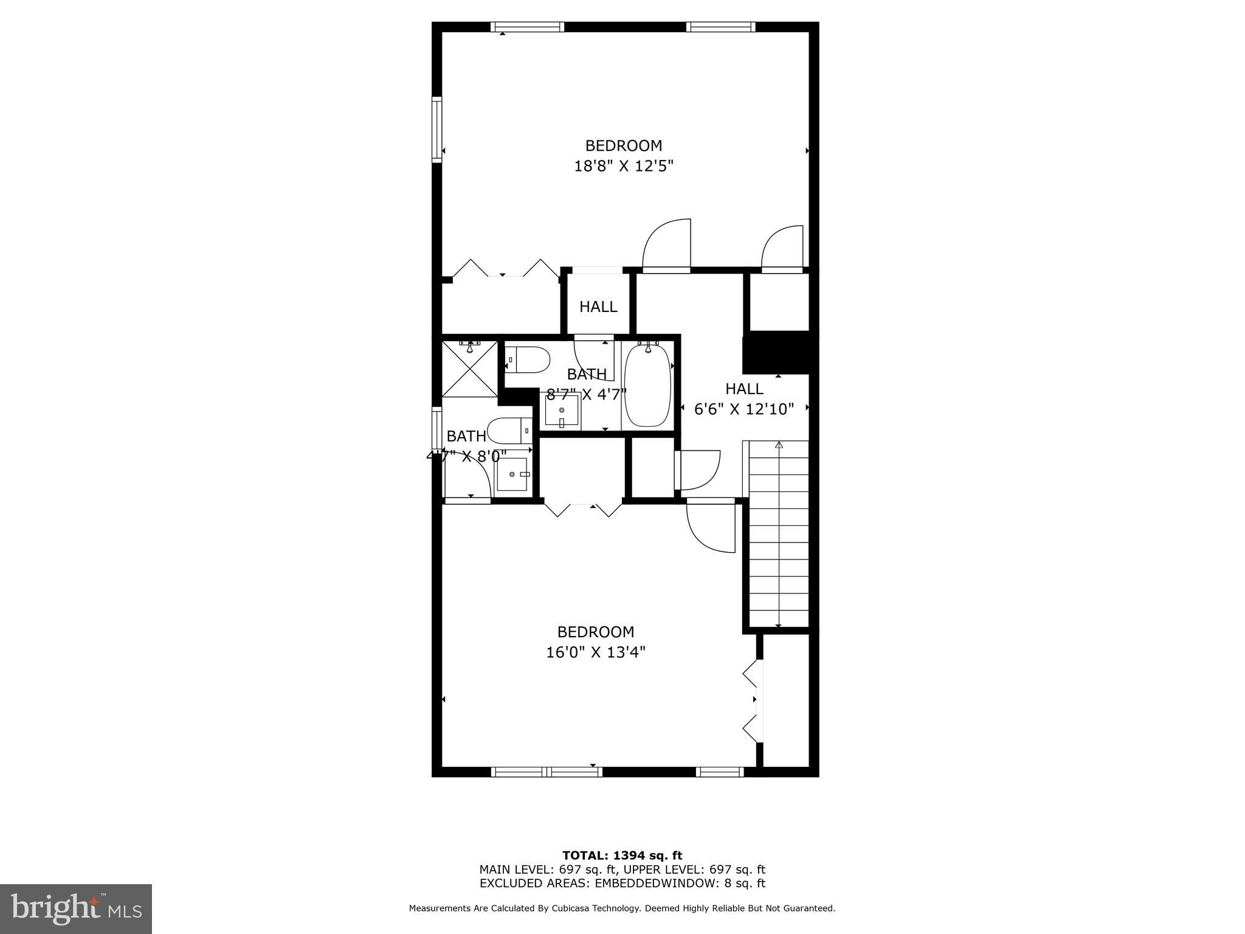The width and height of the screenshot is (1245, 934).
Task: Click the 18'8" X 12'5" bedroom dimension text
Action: click(624, 166)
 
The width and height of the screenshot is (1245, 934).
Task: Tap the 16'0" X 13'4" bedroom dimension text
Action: click(596, 652)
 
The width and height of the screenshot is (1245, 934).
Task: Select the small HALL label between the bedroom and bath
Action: click(598, 307)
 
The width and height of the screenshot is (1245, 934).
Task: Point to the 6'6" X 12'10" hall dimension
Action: click(744, 409)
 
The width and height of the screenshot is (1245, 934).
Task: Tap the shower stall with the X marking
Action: click(469, 369)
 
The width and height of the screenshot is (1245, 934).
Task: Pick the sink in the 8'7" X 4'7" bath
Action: click(561, 412)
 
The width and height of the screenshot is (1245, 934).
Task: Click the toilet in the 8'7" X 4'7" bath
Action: click(528, 360)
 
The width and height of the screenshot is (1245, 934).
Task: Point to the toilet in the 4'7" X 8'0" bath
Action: click(509, 431)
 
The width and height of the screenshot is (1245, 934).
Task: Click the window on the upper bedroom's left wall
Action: click(436, 130)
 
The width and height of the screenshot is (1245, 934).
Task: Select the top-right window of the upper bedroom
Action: click(721, 27)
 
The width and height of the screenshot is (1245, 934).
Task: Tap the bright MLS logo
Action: click(76, 908)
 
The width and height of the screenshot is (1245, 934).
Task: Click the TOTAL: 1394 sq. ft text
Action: click(622, 856)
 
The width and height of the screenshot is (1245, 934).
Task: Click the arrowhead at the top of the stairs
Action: click(779, 446)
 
